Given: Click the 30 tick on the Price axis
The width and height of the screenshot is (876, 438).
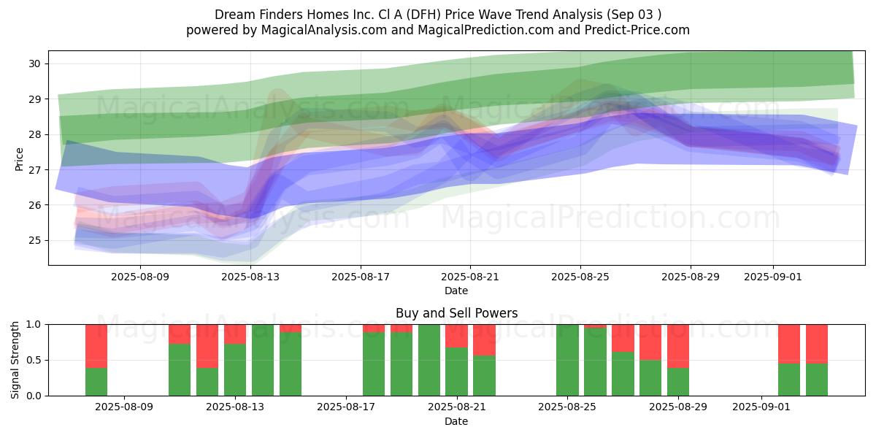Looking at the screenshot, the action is [x=34, y=64].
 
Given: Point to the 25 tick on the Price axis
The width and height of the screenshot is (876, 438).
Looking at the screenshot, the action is [x=34, y=240].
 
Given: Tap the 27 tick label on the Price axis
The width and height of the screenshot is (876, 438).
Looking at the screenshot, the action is [x=34, y=169].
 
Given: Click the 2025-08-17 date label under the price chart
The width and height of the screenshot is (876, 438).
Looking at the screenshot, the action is [x=361, y=277].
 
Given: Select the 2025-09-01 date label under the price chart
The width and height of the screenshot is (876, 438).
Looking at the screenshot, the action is [x=773, y=277].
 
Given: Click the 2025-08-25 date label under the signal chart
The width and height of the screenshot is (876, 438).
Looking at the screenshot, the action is [x=567, y=407].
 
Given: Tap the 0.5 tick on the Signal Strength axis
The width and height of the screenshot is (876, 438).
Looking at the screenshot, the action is [x=34, y=360].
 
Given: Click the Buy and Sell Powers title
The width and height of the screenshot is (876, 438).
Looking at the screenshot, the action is [x=457, y=313].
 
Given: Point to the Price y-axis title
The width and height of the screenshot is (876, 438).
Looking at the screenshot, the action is [x=19, y=159].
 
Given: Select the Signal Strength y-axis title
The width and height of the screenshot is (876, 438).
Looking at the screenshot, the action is [x=15, y=360].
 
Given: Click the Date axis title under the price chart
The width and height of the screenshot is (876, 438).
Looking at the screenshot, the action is [x=456, y=291].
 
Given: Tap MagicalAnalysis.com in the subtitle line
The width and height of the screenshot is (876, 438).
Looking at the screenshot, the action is [x=324, y=30].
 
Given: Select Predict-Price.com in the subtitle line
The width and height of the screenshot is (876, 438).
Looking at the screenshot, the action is [x=637, y=30].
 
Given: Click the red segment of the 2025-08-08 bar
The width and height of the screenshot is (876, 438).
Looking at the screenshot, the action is [x=96, y=346].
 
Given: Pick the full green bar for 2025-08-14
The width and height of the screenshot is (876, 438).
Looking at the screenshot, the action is [x=263, y=360].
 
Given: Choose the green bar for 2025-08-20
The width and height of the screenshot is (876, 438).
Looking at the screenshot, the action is [x=429, y=360].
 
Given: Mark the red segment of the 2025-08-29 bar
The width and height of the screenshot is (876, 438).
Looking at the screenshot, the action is [x=678, y=346].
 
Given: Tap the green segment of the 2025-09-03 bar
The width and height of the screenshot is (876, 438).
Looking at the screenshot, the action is [x=817, y=380].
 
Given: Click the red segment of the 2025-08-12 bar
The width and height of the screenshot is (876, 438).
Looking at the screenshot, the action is [x=207, y=346].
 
